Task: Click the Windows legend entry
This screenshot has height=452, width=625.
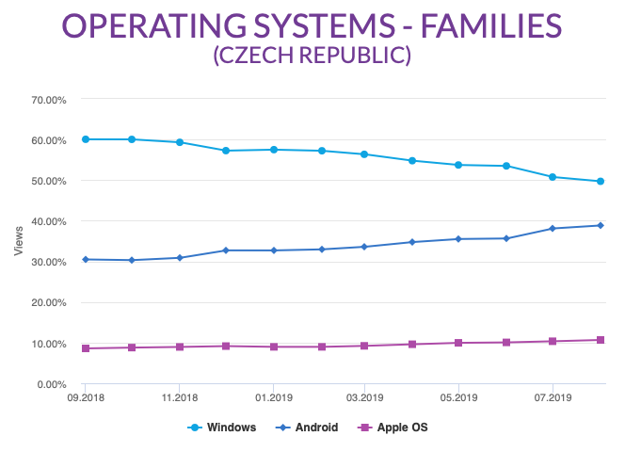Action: [222, 427]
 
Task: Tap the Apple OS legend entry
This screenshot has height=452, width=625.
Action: [394, 427]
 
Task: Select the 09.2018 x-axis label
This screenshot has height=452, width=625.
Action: [85, 398]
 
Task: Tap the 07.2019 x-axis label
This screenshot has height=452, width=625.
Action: [552, 398]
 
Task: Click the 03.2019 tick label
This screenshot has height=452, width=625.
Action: [365, 398]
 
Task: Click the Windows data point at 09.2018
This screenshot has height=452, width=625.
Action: [86, 139]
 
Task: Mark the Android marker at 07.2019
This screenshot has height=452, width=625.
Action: [553, 228]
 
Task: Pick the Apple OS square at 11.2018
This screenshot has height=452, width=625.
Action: [179, 347]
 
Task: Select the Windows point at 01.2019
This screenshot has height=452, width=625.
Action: [273, 150]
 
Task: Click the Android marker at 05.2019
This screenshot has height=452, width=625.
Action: [458, 239]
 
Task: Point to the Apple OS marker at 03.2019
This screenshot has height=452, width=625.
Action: [365, 346]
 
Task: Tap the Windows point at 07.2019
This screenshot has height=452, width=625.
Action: [553, 177]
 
